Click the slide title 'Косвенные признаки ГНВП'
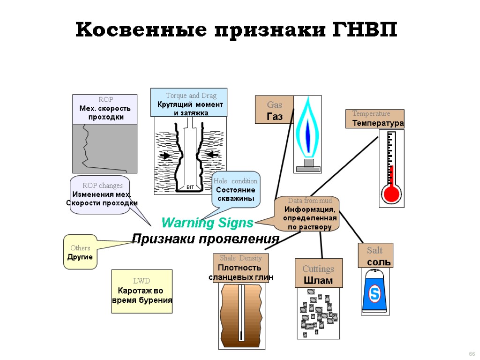[236, 31]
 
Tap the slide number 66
[472, 353]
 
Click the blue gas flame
[307, 129]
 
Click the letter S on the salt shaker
[375, 294]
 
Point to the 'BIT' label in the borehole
[190, 187]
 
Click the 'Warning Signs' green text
[207, 222]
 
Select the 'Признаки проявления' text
[206, 239]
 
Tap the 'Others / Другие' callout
[80, 252]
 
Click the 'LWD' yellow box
[142, 291]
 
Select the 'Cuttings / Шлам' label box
[318, 274]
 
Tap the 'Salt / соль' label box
[375, 255]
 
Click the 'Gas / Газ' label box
[274, 110]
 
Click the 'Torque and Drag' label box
[189, 102]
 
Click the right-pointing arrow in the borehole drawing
[165, 155]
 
